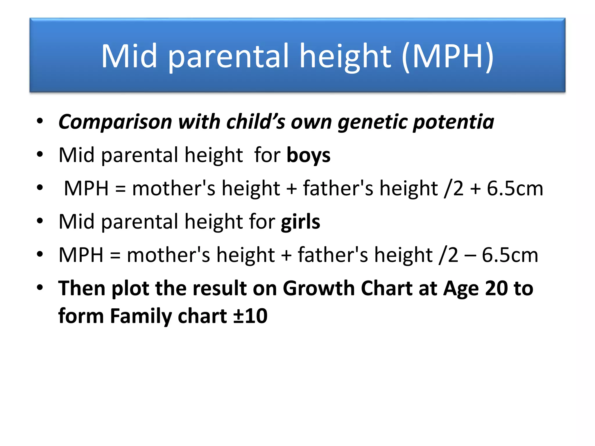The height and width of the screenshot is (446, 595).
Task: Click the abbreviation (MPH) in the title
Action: (x=448, y=56)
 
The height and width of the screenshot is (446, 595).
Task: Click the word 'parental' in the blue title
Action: (x=228, y=56)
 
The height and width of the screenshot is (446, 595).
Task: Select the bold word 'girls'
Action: (x=300, y=222)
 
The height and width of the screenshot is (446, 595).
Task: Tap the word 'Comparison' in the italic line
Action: (x=115, y=122)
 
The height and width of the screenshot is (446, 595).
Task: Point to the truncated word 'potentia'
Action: (x=453, y=122)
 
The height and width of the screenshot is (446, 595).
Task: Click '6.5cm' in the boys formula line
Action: (x=515, y=188)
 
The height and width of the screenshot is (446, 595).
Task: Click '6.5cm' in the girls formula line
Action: (x=510, y=255)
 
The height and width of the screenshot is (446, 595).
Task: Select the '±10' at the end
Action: (x=250, y=316)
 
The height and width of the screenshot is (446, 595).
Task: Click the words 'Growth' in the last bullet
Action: (x=318, y=288)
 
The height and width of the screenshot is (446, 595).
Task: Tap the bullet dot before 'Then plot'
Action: (x=40, y=287)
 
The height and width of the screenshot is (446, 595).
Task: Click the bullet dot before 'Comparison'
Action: (x=40, y=121)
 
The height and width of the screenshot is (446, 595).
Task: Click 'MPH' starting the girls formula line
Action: (x=81, y=255)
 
